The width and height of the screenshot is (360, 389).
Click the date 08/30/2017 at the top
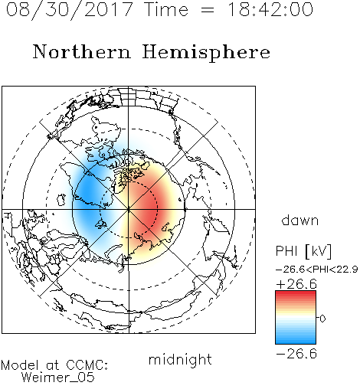click(70, 9)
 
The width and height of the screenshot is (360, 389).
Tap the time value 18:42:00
click(270, 9)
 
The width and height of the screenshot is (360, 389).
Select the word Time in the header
click(166, 9)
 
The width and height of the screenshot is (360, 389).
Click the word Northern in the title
click(82, 51)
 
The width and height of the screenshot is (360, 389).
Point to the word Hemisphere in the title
click(206, 53)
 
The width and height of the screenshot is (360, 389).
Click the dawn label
click(300, 221)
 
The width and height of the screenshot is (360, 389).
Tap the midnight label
click(180, 360)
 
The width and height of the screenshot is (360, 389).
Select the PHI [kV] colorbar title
click(303, 251)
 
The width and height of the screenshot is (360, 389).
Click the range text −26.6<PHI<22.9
click(317, 270)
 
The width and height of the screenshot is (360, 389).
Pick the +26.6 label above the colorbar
click(296, 284)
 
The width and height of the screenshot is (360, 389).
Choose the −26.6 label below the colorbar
click(296, 354)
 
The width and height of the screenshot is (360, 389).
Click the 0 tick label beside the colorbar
click(322, 319)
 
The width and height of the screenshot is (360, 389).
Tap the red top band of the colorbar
click(296, 295)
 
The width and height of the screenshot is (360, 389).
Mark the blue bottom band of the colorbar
click(296, 340)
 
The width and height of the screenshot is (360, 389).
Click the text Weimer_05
click(58, 378)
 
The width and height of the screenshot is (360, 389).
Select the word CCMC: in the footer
click(87, 365)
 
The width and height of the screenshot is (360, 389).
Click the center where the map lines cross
click(129, 209)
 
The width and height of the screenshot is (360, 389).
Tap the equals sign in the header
click(208, 10)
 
